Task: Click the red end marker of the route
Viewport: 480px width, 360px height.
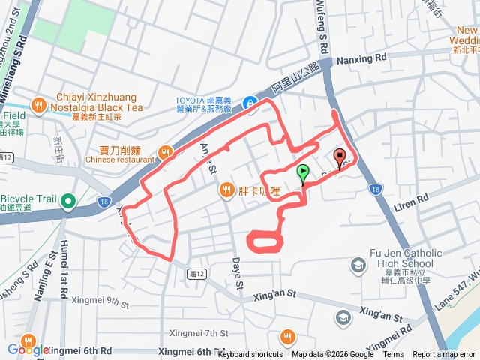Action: point(340,158)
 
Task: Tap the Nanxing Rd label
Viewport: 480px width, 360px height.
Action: point(361,57)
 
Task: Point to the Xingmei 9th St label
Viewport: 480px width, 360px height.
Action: point(100,301)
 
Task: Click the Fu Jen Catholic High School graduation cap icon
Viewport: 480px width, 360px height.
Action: point(358,264)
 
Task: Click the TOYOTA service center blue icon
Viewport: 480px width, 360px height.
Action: point(251,103)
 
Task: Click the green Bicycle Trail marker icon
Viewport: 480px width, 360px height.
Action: point(68,200)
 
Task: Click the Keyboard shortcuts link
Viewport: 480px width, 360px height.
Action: point(250,355)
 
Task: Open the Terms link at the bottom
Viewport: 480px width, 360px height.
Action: point(393,355)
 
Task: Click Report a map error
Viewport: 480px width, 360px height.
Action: point(445,355)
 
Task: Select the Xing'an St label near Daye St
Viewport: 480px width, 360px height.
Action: point(282,298)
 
